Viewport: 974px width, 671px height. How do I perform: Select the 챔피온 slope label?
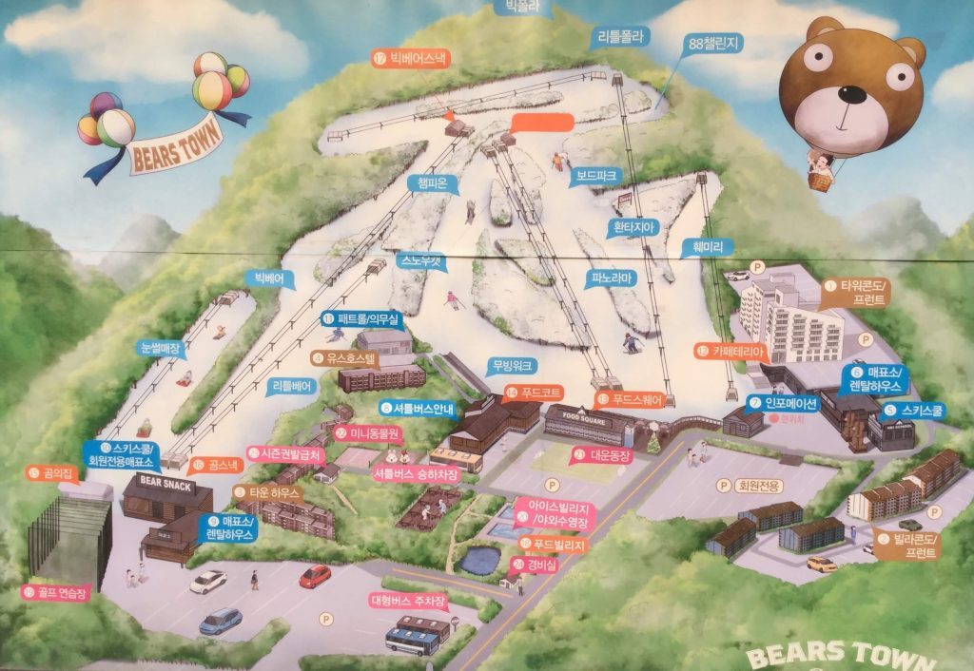[433, 183]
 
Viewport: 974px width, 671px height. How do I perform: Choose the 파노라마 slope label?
[610, 278]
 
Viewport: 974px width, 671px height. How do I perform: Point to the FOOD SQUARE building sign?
[585, 415]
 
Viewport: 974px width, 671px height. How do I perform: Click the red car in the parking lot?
[315, 576]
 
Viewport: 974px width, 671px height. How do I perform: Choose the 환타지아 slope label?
[634, 227]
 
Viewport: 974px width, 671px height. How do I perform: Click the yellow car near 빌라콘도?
[821, 564]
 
